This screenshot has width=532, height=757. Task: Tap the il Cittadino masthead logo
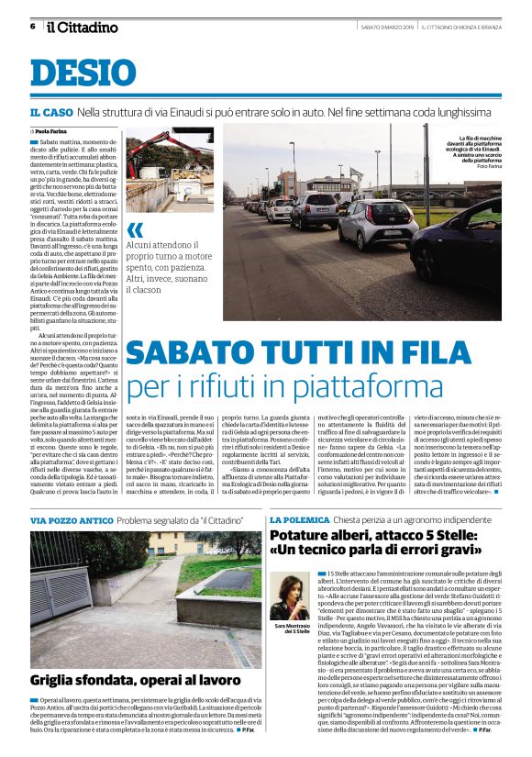pyautogui.click(x=83, y=27)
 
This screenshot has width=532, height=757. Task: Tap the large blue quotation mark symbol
pyautogui.click(x=136, y=229)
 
